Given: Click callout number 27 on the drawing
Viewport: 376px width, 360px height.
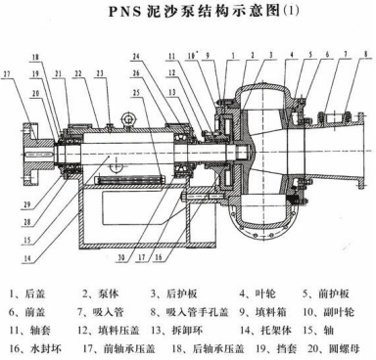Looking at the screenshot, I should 8,73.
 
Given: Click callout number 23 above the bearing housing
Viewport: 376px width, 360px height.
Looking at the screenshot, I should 100,73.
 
